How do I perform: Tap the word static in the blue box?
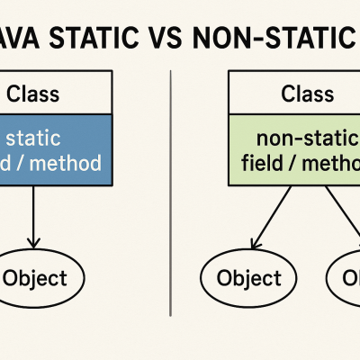tap(34, 139)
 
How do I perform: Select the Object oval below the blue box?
tap(34, 277)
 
